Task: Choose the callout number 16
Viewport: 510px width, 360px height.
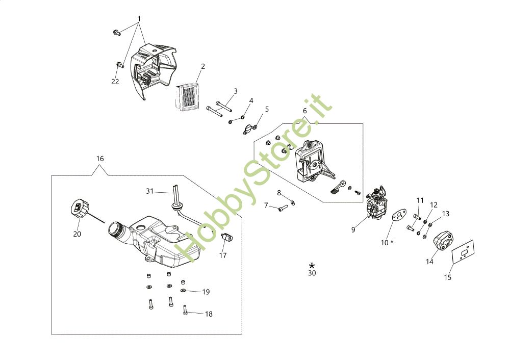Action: pyautogui.click(x=100, y=159)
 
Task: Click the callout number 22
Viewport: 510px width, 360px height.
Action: pyautogui.click(x=115, y=82)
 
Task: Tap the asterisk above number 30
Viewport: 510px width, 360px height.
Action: pyautogui.click(x=312, y=265)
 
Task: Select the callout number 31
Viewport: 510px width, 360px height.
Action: pyautogui.click(x=149, y=191)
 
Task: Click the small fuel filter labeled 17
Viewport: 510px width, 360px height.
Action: pyautogui.click(x=226, y=238)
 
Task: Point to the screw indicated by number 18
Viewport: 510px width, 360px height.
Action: pyautogui.click(x=185, y=310)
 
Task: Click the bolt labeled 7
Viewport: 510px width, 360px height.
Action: pyautogui.click(x=284, y=208)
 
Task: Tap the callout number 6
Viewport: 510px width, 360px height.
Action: pyautogui.click(x=305, y=111)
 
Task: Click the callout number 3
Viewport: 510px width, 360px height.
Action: pyautogui.click(x=236, y=91)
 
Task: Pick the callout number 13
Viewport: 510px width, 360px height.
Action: pyautogui.click(x=446, y=214)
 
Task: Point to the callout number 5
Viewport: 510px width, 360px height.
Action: pyautogui.click(x=267, y=109)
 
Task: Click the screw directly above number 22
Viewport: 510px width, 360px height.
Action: pyautogui.click(x=121, y=65)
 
